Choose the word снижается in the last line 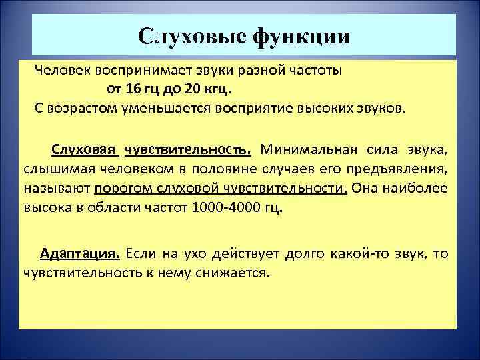(236, 273)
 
